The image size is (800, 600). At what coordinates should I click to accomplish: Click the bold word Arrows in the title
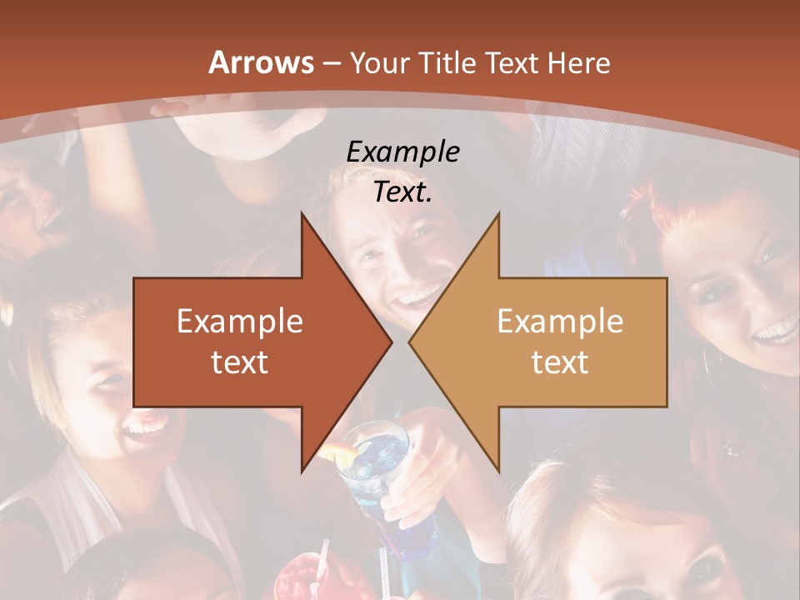[261, 62]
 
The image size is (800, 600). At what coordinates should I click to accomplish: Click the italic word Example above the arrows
[402, 152]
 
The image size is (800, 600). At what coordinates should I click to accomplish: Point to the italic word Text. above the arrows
[402, 192]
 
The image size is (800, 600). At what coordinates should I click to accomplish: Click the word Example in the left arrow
[239, 321]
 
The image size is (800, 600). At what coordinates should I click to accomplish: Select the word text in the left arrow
[239, 362]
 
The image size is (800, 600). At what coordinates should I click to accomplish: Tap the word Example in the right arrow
[560, 321]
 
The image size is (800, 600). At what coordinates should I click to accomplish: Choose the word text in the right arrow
[560, 362]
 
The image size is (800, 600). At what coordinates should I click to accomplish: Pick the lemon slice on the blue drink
[338, 453]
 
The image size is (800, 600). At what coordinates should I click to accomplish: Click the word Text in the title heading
[510, 62]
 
